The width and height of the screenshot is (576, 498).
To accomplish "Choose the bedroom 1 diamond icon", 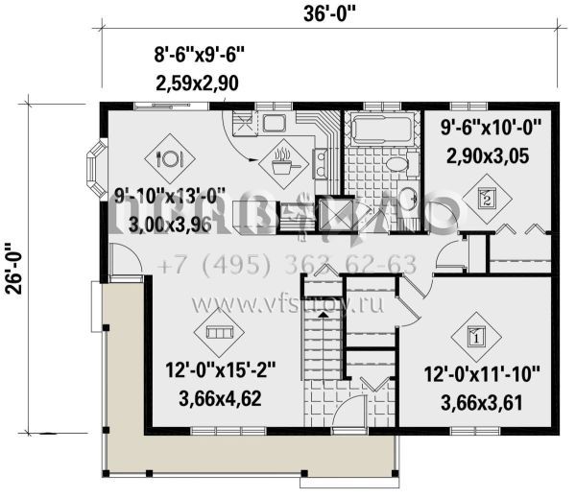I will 475,335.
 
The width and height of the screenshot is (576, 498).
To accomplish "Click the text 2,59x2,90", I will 197,84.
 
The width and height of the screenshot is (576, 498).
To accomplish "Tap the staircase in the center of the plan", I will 324,355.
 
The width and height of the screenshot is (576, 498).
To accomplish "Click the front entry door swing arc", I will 125,257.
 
